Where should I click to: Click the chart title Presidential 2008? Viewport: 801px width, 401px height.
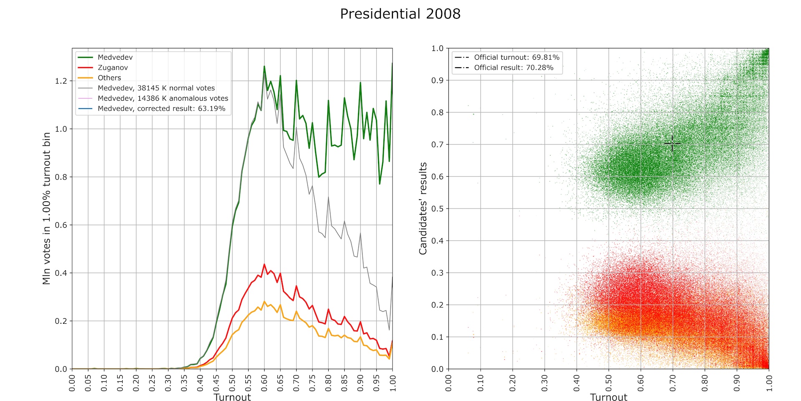click(x=400, y=14)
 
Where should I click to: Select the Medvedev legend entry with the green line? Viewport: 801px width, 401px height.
click(x=115, y=57)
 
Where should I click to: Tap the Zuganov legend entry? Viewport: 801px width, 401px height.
click(x=113, y=68)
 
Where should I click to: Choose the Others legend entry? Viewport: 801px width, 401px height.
click(x=109, y=78)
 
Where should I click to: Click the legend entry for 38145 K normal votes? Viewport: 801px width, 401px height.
click(x=156, y=88)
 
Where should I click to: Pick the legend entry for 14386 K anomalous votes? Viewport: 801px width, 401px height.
click(x=163, y=98)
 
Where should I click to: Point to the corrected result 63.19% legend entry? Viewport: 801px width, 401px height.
click(x=161, y=109)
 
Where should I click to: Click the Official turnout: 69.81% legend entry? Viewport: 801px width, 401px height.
click(x=516, y=57)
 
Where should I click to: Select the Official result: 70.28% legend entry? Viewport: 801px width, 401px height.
click(x=514, y=68)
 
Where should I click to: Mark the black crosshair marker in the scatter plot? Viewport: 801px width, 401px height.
click(x=672, y=143)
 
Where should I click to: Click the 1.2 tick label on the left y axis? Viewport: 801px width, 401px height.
click(x=61, y=81)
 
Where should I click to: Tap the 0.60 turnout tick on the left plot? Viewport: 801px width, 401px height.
click(x=264, y=383)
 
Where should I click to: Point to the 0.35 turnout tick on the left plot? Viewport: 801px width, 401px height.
click(x=184, y=383)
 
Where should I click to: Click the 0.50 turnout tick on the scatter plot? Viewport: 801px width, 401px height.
click(x=609, y=383)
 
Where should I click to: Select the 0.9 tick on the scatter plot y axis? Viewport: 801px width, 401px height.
click(x=437, y=80)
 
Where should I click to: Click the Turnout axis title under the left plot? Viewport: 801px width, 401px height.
click(x=232, y=397)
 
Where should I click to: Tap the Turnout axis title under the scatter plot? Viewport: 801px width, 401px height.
click(x=608, y=397)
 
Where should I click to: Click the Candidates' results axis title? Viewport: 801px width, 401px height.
click(x=423, y=208)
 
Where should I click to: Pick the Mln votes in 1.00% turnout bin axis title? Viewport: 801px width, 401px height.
click(x=46, y=208)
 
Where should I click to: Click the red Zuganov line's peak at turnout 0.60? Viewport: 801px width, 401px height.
click(x=264, y=264)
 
